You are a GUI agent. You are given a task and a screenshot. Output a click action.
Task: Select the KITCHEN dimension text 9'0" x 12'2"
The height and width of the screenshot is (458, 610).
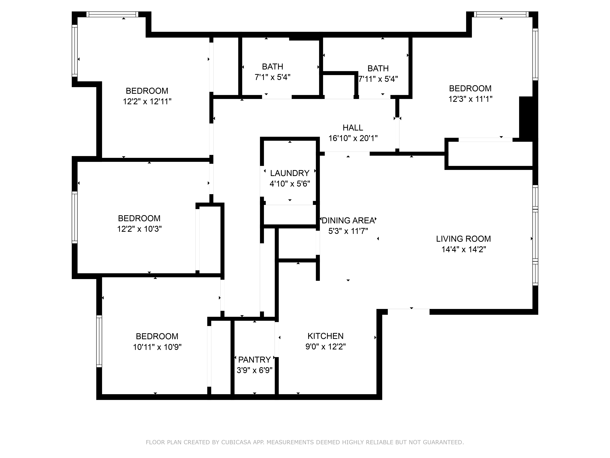click(x=325, y=346)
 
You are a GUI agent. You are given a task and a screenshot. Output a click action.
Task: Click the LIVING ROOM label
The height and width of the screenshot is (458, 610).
click(x=463, y=239)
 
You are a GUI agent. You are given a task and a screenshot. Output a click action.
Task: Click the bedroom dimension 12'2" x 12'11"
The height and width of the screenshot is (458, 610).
click(x=147, y=102)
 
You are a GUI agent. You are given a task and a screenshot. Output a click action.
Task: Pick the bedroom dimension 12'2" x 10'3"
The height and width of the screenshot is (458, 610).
click(x=139, y=229)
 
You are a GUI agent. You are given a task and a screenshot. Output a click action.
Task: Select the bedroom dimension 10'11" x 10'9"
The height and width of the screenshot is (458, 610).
click(x=157, y=347)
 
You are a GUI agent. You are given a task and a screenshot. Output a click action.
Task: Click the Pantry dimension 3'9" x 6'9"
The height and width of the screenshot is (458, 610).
click(x=254, y=370)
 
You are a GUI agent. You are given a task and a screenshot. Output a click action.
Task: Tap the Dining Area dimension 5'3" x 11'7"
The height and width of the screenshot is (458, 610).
click(x=348, y=231)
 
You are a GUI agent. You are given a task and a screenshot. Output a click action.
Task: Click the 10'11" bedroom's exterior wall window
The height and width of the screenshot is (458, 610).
click(x=99, y=341)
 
